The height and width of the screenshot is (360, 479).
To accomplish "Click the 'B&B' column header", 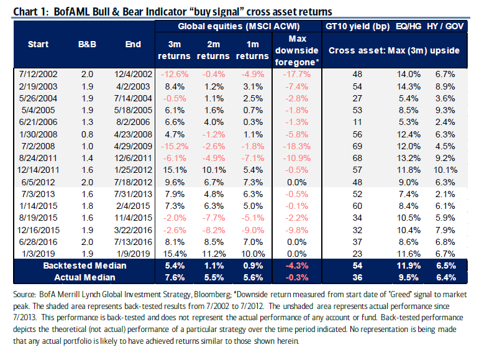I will click(x=86, y=44).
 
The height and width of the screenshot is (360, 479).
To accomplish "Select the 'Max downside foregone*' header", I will click(x=296, y=50).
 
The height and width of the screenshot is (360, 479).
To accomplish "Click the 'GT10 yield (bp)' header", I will click(x=357, y=27).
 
